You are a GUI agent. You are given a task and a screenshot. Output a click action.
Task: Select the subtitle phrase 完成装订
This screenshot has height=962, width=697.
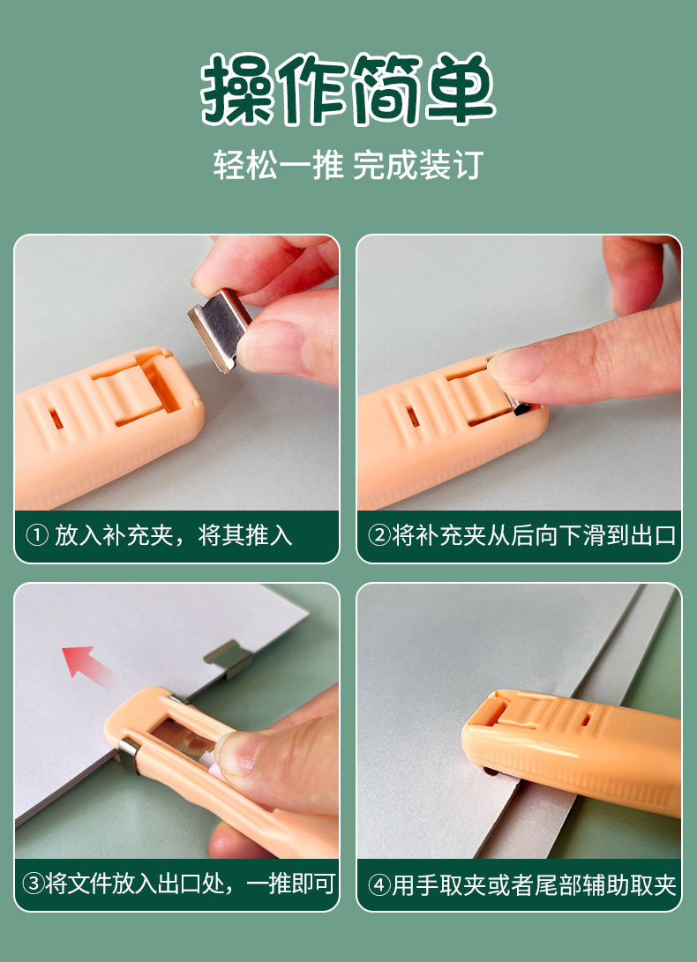tap(417, 165)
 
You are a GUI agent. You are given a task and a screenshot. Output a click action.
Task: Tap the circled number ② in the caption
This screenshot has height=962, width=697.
tap(378, 536)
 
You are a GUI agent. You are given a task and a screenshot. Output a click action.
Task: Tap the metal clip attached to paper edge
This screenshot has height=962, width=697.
tap(225, 657)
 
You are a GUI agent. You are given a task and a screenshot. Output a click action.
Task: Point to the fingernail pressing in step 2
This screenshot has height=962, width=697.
tap(516, 364)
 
